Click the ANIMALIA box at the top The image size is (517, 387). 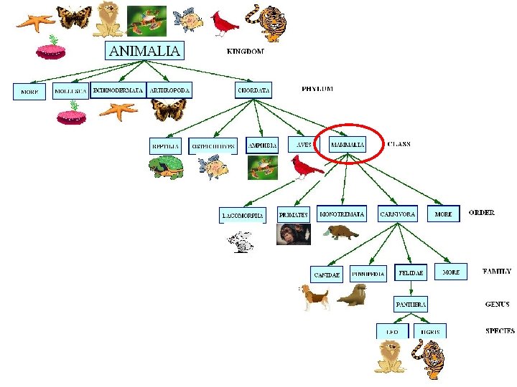144,50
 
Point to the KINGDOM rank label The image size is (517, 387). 245,52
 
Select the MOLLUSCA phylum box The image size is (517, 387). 70,91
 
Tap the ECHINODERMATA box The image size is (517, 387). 118,90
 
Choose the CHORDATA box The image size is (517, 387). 254,90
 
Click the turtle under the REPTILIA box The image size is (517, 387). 166,168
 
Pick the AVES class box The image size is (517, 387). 304,144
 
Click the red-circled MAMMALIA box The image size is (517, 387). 348,144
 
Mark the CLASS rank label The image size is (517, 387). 399,144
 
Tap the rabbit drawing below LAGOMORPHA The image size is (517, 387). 241,242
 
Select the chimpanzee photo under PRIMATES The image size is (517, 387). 293,234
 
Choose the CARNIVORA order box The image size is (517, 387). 397,214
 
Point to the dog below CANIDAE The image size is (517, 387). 314,296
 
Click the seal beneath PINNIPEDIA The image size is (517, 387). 353,295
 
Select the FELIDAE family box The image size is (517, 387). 411,273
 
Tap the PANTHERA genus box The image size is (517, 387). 411,304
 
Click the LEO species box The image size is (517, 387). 392,331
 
